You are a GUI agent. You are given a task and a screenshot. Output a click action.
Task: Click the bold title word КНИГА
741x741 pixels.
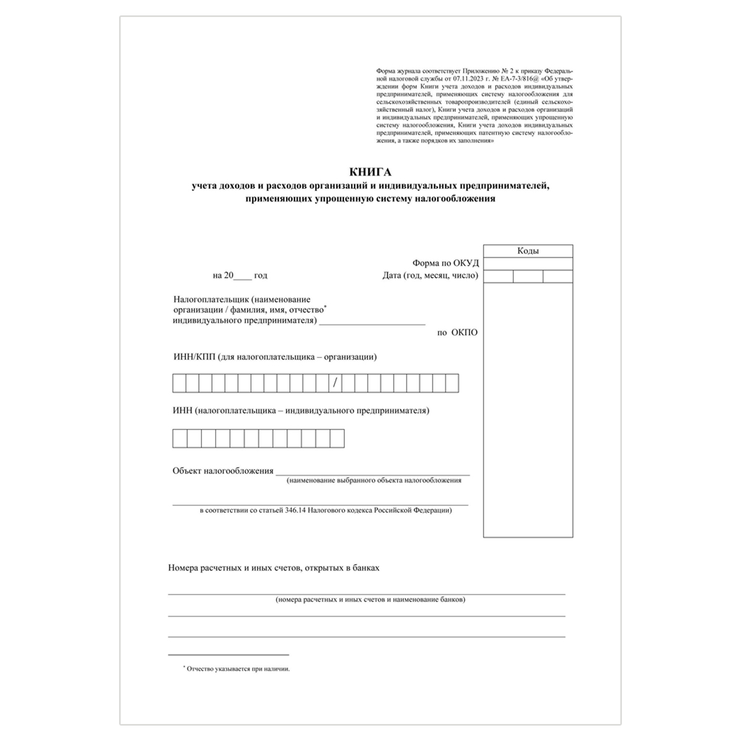coord(370,172)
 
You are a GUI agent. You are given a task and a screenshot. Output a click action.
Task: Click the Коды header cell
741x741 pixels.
coord(528,251)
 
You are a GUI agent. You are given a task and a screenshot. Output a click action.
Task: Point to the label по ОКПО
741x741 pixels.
coord(458,332)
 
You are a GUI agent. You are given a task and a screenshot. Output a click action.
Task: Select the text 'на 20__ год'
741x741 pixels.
coord(240,275)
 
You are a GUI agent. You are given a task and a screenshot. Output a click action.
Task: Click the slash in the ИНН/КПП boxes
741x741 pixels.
coord(335,383)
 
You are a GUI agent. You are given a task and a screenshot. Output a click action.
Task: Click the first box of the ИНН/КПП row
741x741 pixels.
coord(179,383)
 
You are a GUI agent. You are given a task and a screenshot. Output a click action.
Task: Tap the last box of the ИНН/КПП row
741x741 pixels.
coord(452,383)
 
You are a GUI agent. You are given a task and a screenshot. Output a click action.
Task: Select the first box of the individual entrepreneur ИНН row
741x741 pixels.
coord(180,438)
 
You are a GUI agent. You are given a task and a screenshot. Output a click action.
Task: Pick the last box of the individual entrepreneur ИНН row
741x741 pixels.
coord(337,438)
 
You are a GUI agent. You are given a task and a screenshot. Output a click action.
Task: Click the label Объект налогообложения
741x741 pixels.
coord(223,471)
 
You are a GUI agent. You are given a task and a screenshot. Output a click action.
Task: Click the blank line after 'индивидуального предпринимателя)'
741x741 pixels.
coord(372,320)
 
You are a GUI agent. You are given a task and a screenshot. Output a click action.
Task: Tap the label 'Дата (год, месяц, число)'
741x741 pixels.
coord(430,275)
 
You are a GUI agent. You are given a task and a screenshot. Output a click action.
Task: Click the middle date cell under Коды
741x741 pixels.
coord(528,276)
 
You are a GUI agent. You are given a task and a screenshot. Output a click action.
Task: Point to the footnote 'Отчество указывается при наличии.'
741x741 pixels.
coord(238,669)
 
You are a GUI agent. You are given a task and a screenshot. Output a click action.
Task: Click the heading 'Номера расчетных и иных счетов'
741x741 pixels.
coord(274,567)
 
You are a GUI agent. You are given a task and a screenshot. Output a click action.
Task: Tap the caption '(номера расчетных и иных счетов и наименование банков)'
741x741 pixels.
coord(371,600)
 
